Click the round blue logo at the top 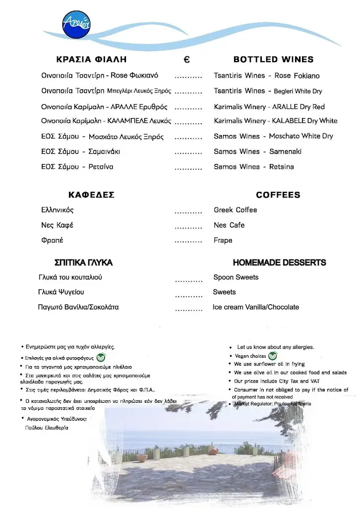[76, 24]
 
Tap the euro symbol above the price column [186, 60]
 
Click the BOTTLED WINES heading [273, 60]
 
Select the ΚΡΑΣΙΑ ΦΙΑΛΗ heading [92, 60]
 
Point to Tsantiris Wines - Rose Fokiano [266, 76]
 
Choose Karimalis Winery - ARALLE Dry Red [269, 107]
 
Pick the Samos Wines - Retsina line [253, 167]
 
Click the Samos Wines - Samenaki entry [257, 151]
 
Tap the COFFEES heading [278, 195]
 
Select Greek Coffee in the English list [235, 210]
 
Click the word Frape [223, 240]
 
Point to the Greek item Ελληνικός [57, 210]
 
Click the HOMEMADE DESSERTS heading [279, 262]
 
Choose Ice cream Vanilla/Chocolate [255, 307]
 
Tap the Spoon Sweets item [236, 277]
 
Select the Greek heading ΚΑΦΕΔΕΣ [91, 195]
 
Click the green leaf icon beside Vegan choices [273, 356]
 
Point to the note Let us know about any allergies [275, 347]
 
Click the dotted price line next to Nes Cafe [188, 228]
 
